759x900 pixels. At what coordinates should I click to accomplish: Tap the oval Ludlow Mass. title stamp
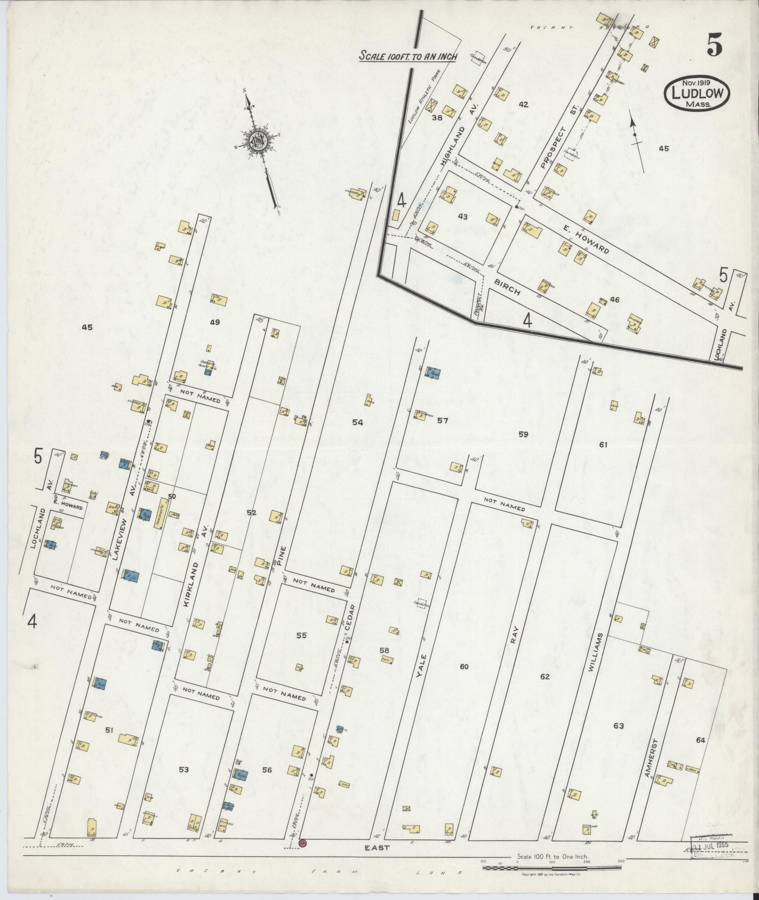tap(697, 93)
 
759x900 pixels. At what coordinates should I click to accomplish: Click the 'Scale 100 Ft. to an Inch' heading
tap(408, 56)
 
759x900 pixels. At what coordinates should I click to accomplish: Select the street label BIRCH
tap(507, 285)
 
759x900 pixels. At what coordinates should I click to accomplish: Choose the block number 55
tap(301, 635)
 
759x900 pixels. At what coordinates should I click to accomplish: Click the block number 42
tap(523, 104)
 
